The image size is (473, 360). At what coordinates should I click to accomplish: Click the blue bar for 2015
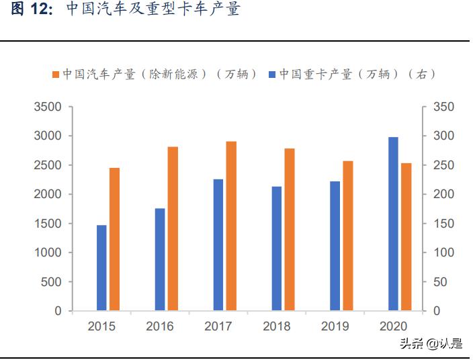click(101, 268)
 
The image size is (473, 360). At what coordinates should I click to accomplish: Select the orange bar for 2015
click(114, 239)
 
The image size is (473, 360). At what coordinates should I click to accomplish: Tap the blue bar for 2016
click(160, 259)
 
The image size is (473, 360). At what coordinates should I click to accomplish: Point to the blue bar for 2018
click(277, 249)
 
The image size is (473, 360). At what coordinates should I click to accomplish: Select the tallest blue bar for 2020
click(394, 224)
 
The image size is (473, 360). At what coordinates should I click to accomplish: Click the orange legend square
click(56, 75)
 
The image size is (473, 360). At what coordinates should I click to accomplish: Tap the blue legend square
click(272, 75)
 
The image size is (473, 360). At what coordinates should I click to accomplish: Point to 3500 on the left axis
click(48, 107)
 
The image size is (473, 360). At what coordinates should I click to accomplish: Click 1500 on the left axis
click(48, 224)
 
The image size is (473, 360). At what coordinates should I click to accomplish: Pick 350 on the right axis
click(444, 107)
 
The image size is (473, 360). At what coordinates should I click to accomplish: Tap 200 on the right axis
click(444, 195)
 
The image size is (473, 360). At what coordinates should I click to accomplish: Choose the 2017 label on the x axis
click(218, 326)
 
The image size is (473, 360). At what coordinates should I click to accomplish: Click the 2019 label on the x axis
click(335, 326)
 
